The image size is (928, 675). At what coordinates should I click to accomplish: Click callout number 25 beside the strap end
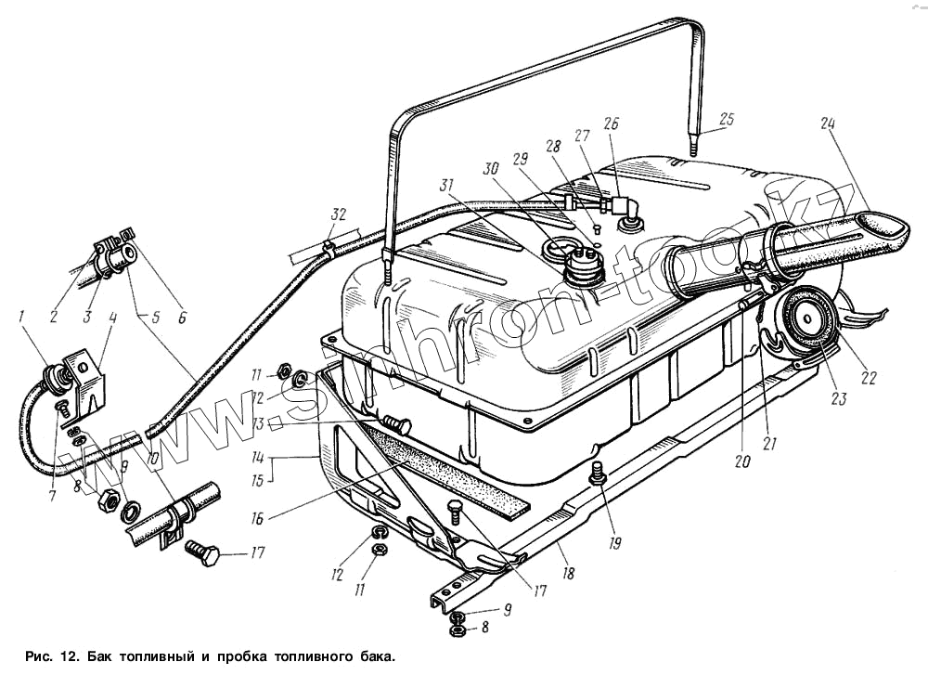727,119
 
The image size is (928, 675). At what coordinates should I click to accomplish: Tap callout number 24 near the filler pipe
829,124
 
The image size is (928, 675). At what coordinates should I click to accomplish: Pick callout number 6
182,317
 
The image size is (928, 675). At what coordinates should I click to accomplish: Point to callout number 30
490,170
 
